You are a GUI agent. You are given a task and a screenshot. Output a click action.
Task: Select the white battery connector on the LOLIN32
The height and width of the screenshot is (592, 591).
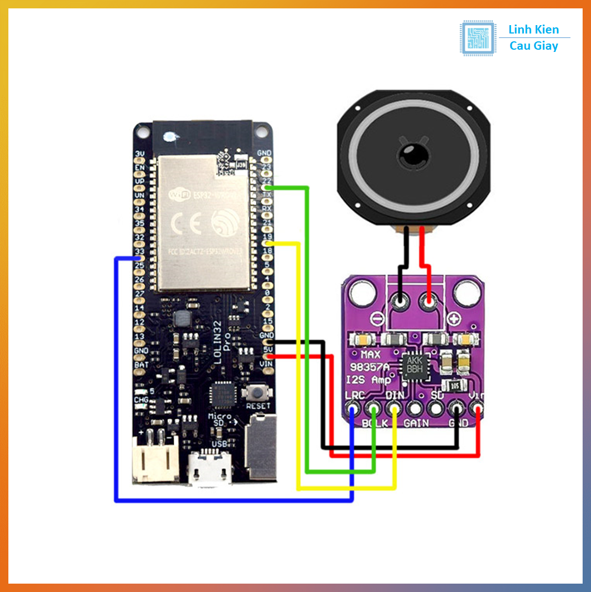coord(155,459)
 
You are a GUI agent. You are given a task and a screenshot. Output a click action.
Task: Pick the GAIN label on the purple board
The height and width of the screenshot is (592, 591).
coord(416,423)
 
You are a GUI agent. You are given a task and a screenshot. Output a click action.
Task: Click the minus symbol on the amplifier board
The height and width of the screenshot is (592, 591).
coord(378,319)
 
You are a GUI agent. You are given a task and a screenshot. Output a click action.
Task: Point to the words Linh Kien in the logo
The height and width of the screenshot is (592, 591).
coord(533,30)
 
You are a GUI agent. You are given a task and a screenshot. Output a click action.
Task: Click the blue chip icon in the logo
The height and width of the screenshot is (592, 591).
coord(477,38)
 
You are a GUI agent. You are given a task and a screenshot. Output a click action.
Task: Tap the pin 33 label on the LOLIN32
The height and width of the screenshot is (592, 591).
coord(140,251)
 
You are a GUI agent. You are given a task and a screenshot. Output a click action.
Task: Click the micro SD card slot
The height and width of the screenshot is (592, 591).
coord(261,447)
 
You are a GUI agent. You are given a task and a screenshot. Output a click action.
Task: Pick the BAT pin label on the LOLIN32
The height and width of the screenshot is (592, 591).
coord(141,365)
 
